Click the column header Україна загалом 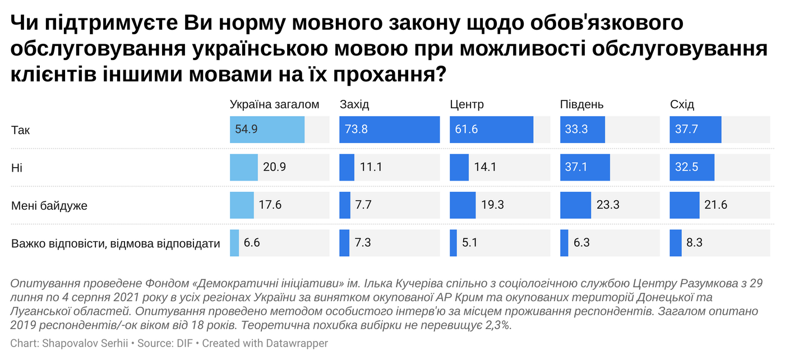click(x=274, y=105)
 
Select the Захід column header click(x=354, y=105)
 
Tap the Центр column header click(x=467, y=105)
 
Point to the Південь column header click(x=581, y=105)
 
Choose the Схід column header click(x=682, y=105)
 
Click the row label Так click(x=21, y=130)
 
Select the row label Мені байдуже click(x=49, y=206)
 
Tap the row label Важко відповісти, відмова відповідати click(x=116, y=244)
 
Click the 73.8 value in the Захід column click(x=357, y=130)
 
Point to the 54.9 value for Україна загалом click(x=246, y=130)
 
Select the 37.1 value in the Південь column click(x=578, y=168)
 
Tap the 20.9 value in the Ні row click(x=274, y=168)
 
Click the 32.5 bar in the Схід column click(x=692, y=168)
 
